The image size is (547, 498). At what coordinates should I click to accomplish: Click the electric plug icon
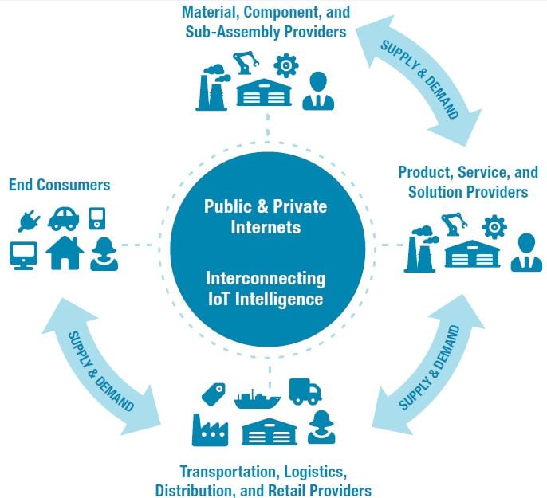point(29,221)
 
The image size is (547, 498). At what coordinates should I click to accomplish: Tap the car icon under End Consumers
point(63,219)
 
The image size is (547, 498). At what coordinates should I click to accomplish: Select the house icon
point(65,253)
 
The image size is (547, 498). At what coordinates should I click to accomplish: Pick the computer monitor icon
point(23,256)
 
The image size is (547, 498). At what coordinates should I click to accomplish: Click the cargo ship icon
point(257,399)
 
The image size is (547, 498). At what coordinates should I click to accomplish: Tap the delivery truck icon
point(305,391)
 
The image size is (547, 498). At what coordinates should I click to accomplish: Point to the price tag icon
point(214,394)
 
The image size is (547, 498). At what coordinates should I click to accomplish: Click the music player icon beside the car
point(97,219)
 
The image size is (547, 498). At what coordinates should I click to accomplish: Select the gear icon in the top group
point(286,65)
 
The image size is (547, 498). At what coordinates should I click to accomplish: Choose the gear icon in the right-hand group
point(494,227)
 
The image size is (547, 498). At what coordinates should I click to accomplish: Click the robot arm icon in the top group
point(246,63)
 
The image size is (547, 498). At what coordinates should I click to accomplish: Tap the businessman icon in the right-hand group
point(527,253)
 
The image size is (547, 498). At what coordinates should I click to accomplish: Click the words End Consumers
point(59,185)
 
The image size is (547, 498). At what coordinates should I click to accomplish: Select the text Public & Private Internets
point(266,217)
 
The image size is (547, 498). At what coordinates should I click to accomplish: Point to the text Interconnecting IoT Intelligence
point(266,289)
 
